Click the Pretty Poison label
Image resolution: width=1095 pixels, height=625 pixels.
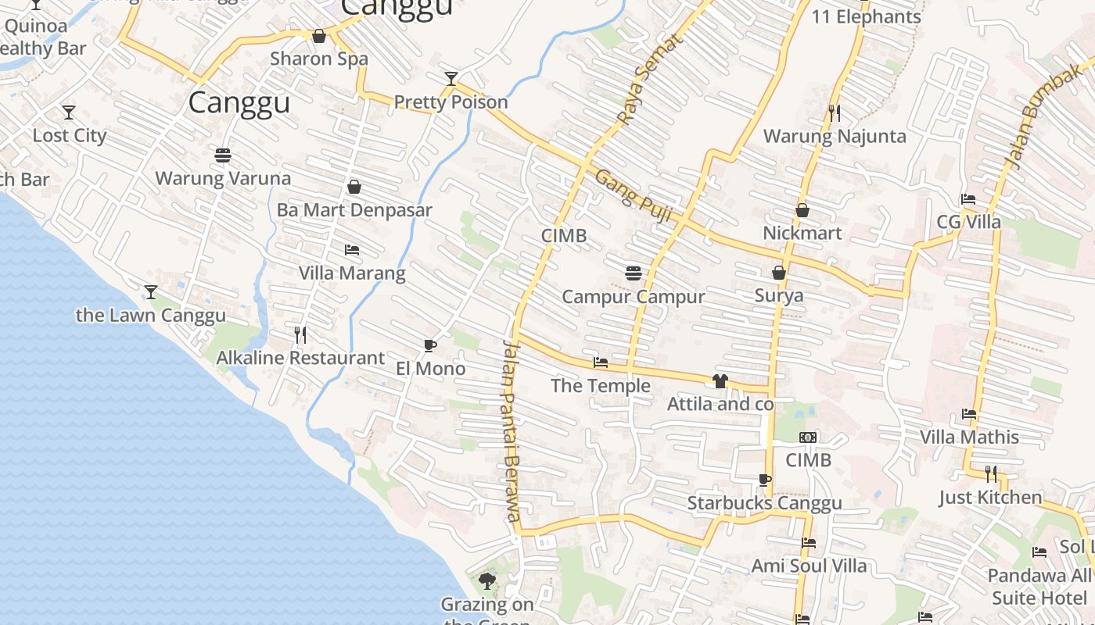(451, 102)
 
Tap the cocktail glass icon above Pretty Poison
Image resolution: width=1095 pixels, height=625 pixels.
(451, 78)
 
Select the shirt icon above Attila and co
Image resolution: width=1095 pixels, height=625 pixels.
(720, 381)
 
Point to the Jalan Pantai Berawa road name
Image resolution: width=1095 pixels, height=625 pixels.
(511, 430)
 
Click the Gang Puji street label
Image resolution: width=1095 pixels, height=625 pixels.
(633, 195)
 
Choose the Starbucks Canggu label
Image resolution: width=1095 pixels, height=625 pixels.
(764, 503)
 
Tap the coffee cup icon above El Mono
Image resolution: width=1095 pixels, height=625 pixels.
(429, 345)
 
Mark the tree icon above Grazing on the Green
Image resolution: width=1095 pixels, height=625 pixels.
(486, 580)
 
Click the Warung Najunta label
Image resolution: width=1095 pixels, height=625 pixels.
(835, 137)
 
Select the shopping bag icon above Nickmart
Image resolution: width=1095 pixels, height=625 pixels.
(802, 210)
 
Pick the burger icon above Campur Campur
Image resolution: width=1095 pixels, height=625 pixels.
(634, 273)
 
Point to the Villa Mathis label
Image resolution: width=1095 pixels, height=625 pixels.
(969, 437)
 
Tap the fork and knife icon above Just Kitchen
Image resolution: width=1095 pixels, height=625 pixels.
(990, 473)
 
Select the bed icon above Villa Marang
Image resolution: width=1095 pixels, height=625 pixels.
(352, 250)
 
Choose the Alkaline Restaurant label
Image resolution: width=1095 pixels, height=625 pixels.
(300, 359)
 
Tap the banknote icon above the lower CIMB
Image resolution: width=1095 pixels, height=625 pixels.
(808, 437)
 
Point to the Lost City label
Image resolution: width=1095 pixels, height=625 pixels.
(69, 136)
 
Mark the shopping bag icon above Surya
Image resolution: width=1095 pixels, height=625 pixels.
(779, 273)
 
